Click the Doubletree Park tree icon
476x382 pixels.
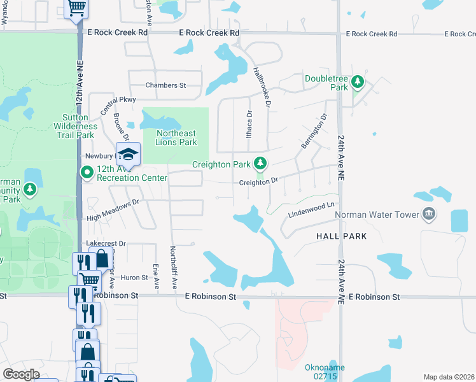(x=358, y=81)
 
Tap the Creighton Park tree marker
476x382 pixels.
(x=260, y=164)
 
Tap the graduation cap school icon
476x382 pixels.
(x=127, y=153)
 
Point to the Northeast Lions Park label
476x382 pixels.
(x=176, y=138)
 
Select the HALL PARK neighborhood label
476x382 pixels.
(x=342, y=236)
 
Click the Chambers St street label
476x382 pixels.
(x=165, y=85)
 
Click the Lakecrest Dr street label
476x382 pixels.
(x=106, y=243)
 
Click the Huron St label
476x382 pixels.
(x=134, y=278)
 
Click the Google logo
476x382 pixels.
(x=21, y=374)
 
